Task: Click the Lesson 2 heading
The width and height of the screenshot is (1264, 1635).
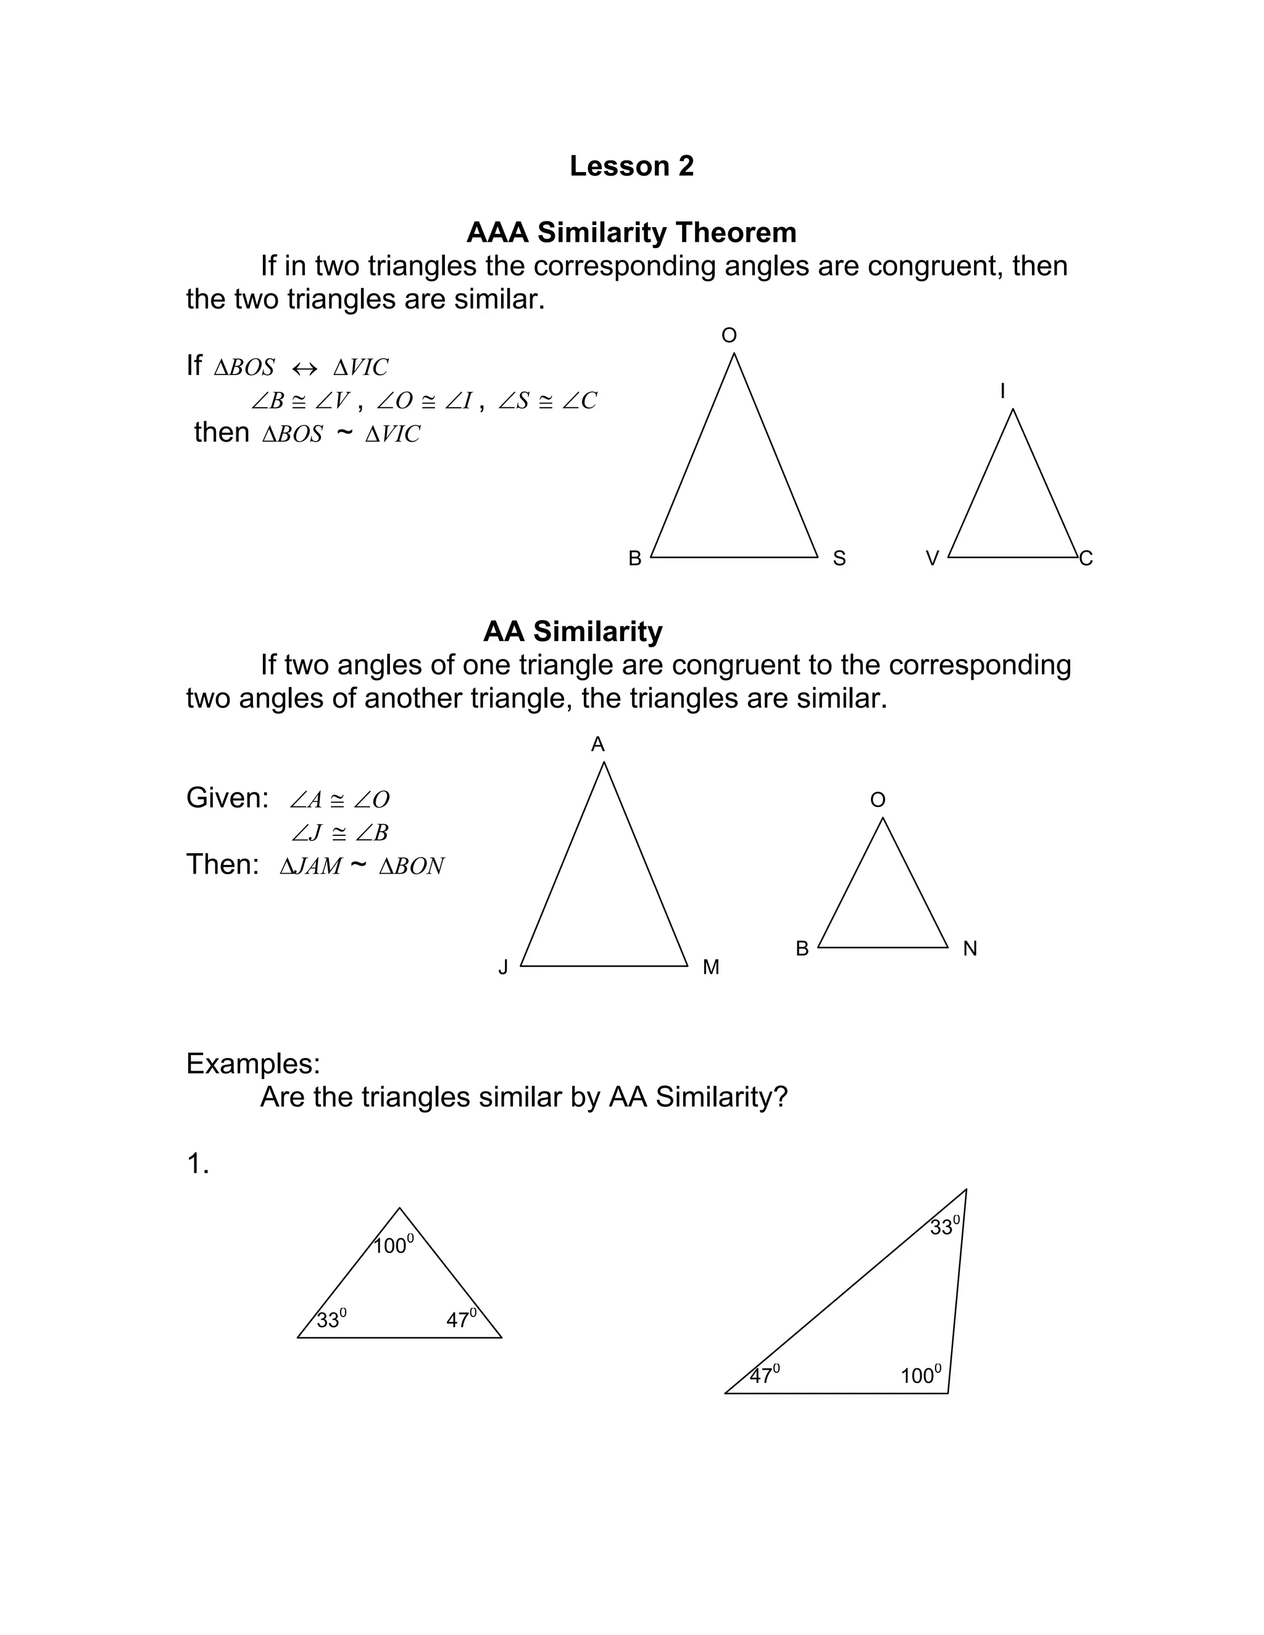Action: [x=631, y=166]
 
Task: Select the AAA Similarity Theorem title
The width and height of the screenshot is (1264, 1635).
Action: [x=631, y=233]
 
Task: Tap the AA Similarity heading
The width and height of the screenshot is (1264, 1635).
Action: [x=573, y=632]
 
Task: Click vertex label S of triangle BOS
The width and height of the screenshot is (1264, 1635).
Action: [x=839, y=558]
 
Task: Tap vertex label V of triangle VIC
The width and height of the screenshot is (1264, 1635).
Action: [x=933, y=558]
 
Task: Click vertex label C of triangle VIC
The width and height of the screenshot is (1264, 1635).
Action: [x=1086, y=558]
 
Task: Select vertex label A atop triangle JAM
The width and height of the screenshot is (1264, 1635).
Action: [x=597, y=744]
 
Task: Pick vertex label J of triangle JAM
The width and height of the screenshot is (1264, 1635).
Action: [x=503, y=968]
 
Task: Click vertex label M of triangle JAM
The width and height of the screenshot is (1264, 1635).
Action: [x=710, y=968]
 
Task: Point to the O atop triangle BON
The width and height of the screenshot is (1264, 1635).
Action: [x=878, y=800]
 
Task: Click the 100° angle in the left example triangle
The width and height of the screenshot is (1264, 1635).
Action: [x=393, y=1246]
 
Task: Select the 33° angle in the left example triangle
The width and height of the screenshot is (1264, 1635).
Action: [x=331, y=1319]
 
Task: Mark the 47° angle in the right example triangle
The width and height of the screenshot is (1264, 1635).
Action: [x=765, y=1375]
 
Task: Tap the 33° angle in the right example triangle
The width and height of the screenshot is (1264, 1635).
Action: [x=944, y=1227]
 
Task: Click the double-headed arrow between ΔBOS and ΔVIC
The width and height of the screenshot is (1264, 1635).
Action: [x=304, y=368]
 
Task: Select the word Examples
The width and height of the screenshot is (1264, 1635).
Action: [x=253, y=1064]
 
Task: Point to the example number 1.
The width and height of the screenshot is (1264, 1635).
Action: [x=197, y=1164]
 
